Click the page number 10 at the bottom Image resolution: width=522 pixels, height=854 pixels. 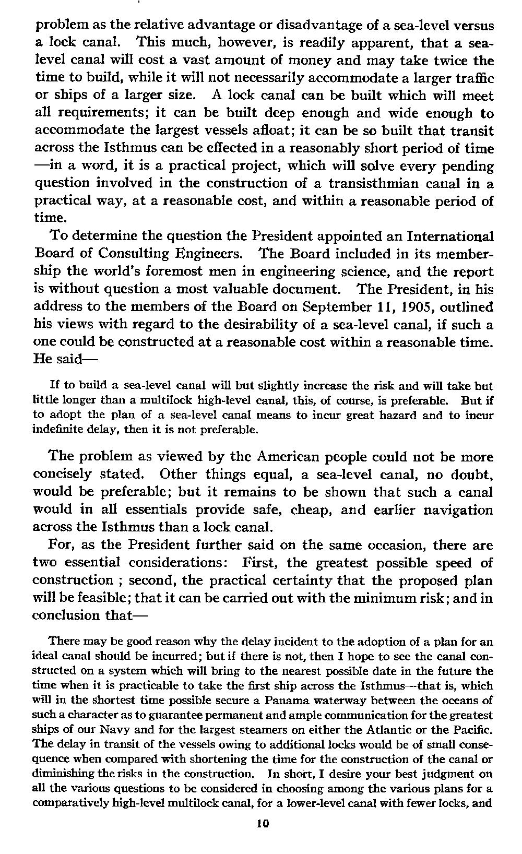point(263,824)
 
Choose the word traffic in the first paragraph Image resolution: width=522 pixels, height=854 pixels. point(473,78)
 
